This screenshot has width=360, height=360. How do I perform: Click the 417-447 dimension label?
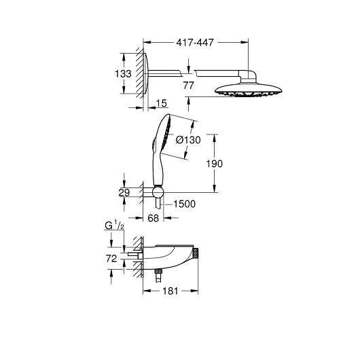pos(195,43)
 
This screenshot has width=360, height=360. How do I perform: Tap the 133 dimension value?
pos(123,74)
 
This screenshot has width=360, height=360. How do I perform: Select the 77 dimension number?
pos(189,86)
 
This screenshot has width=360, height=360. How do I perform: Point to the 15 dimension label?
pos(162,103)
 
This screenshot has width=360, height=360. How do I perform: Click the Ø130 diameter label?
pos(188,140)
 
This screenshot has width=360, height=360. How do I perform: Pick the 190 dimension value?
pos(215,164)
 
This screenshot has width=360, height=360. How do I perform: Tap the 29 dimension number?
pos(124,192)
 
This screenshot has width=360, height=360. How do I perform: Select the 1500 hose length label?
pos(184,204)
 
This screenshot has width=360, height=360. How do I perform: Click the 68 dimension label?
pos(154,218)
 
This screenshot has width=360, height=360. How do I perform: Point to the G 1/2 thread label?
pos(114,226)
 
